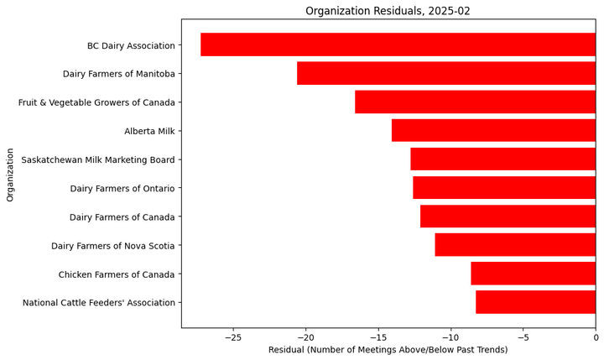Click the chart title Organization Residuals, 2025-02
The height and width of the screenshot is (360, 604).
coord(388,11)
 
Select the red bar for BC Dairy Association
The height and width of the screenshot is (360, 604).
coord(398,44)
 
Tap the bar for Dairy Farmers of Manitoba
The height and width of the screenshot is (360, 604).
coord(445,73)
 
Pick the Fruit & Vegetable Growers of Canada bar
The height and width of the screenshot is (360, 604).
coord(475,102)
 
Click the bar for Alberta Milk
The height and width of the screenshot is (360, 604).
coord(493,130)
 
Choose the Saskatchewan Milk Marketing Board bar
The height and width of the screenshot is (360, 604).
coord(502,159)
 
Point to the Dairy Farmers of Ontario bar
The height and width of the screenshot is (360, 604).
coord(503,187)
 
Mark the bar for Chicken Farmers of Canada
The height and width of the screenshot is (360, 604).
coord(533,274)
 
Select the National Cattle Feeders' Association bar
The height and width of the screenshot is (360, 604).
coord(535,302)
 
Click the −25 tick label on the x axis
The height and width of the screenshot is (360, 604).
coord(232,337)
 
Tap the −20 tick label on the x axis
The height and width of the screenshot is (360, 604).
coord(305,337)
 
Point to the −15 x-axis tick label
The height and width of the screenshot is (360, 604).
coord(377,337)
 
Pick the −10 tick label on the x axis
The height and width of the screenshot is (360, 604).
coord(450,337)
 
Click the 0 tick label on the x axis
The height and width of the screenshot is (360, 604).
coord(596,337)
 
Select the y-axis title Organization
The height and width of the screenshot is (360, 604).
coord(11,175)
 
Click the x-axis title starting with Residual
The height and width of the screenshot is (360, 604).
coord(388,350)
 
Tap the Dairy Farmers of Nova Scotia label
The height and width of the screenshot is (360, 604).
coord(113,246)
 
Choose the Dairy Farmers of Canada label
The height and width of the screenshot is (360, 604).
coord(122,217)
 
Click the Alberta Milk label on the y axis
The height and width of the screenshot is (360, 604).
coord(149,131)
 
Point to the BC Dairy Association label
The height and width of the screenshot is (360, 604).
coord(131,45)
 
